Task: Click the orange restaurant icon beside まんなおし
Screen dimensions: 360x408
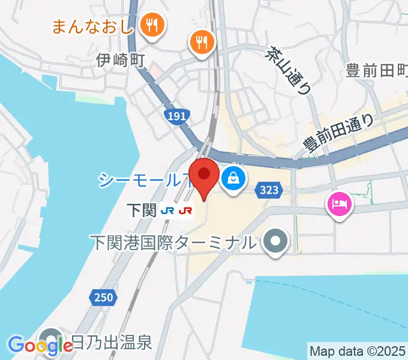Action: pos(152,25)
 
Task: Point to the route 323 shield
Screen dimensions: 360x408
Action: pos(269,190)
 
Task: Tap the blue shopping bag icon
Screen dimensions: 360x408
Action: pos(232,177)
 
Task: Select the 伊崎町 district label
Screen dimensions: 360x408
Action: pos(122,60)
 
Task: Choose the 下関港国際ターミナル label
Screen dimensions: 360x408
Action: pos(173,243)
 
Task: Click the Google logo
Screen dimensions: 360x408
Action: pos(40,346)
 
